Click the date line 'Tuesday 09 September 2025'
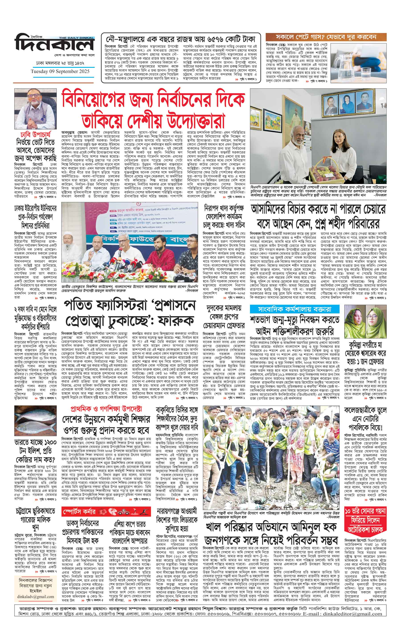(x=60, y=71)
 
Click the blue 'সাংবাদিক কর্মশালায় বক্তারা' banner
(x=294, y=309)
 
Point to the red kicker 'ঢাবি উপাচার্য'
(x=35, y=135)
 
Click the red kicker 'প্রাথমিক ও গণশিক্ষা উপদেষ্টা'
(x=106, y=409)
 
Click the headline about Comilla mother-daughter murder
(x=365, y=353)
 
